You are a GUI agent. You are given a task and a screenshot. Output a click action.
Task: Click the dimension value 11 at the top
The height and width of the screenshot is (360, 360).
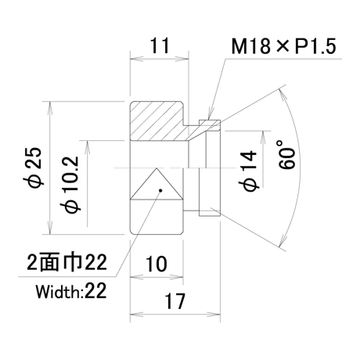click(x=160, y=45)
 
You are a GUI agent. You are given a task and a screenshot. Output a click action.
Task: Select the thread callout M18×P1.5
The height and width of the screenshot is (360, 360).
click(x=283, y=46)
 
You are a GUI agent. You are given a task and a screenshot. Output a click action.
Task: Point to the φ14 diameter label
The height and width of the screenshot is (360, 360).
click(x=248, y=171)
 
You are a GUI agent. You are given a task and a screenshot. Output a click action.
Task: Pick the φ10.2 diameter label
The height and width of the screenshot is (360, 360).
click(x=69, y=184)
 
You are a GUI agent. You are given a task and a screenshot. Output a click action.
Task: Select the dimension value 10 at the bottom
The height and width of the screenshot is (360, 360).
click(x=156, y=264)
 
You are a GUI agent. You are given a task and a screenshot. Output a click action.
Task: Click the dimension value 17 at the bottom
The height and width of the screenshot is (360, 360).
click(x=175, y=301)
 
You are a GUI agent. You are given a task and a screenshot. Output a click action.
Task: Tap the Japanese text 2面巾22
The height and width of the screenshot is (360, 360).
click(x=67, y=262)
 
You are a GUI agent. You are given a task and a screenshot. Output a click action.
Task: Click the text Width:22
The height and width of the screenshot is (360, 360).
click(x=71, y=291)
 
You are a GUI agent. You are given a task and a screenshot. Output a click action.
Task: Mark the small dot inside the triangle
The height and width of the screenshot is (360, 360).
click(x=160, y=190)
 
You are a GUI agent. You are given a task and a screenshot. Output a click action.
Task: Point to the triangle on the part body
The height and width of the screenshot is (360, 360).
click(x=157, y=184)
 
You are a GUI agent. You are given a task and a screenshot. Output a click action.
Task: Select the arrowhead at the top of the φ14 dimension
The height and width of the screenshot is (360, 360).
click(x=263, y=137)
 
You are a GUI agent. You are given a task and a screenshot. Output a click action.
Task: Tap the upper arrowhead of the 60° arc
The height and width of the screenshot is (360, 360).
click(x=283, y=95)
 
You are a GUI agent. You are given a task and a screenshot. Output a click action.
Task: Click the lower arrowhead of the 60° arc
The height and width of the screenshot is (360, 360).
click(x=282, y=240)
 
